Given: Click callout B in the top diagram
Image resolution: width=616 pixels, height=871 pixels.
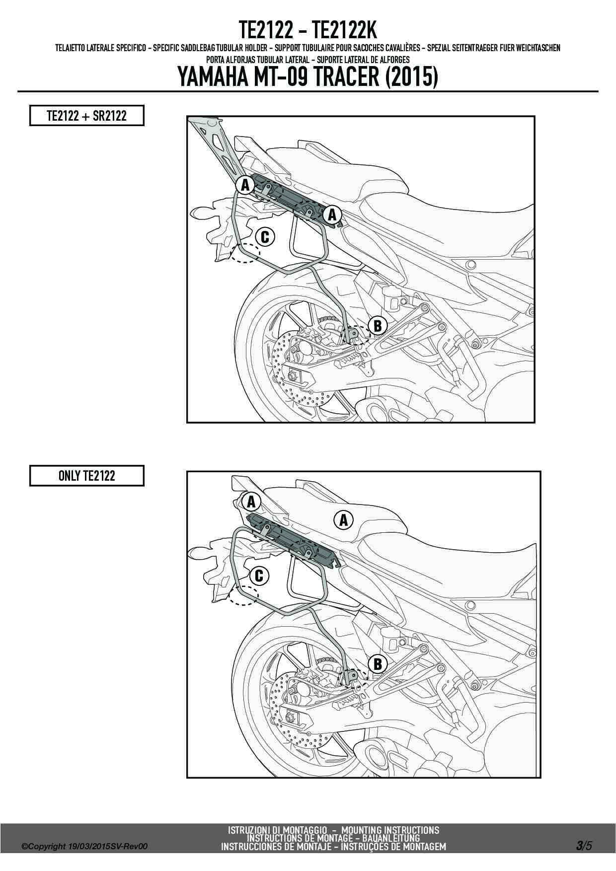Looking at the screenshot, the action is pos(378,326).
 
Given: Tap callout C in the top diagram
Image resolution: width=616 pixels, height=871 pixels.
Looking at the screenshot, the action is pos(264,237).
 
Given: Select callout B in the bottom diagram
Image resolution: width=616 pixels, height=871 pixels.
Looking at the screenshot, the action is pos(378,664).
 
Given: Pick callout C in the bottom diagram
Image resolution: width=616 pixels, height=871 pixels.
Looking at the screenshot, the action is pos(258,576).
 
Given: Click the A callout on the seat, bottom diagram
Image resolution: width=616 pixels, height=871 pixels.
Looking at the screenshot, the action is pos(343,520).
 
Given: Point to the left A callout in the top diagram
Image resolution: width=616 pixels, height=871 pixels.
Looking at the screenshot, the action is pos(244,185).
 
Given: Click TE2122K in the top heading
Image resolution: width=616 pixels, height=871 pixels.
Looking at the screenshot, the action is pos(345,31).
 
